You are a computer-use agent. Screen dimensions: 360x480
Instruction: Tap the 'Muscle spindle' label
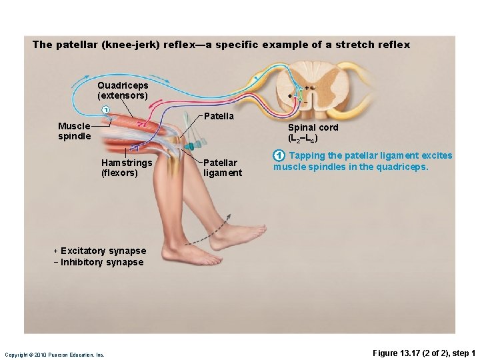coord(74,131)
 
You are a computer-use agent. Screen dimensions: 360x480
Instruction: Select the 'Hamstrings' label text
coord(127,163)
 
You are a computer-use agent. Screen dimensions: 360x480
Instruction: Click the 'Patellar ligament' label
coord(223,167)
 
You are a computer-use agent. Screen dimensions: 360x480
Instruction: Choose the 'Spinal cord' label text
coord(313,127)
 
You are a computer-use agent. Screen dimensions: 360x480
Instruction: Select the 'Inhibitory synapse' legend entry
coord(101,262)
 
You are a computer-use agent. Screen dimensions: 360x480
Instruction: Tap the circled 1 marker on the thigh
coord(104,110)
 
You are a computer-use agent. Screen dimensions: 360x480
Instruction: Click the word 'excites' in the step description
coord(436,156)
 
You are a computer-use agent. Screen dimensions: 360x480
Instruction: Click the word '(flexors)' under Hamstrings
coord(119,173)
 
